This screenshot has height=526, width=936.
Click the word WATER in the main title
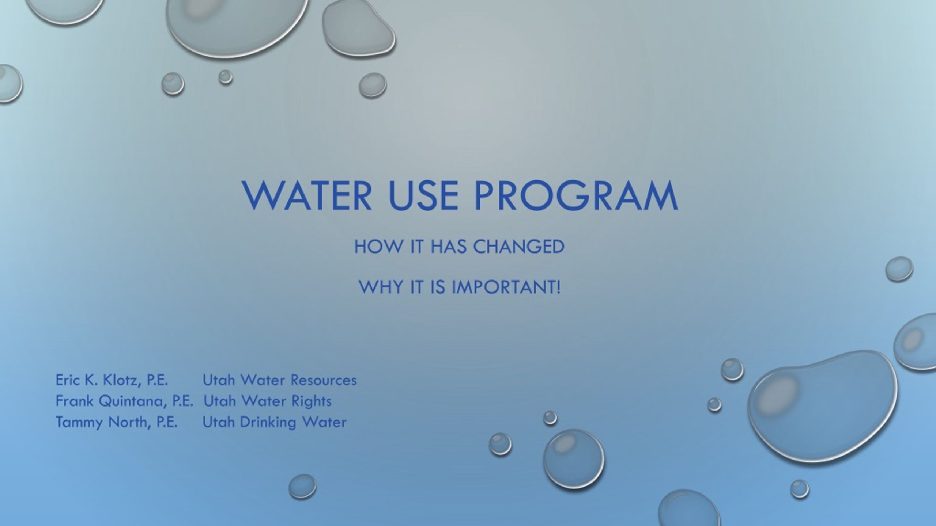click(x=307, y=196)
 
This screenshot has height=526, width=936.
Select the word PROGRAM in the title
click(x=576, y=196)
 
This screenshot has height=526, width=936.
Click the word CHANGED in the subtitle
click(x=519, y=247)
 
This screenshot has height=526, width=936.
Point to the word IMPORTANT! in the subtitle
click(x=506, y=287)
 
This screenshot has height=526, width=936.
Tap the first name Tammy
click(x=79, y=422)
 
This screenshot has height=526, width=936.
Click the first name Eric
click(x=67, y=380)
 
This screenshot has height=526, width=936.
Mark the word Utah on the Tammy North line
click(x=218, y=422)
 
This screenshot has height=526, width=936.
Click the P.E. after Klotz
click(x=157, y=380)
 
